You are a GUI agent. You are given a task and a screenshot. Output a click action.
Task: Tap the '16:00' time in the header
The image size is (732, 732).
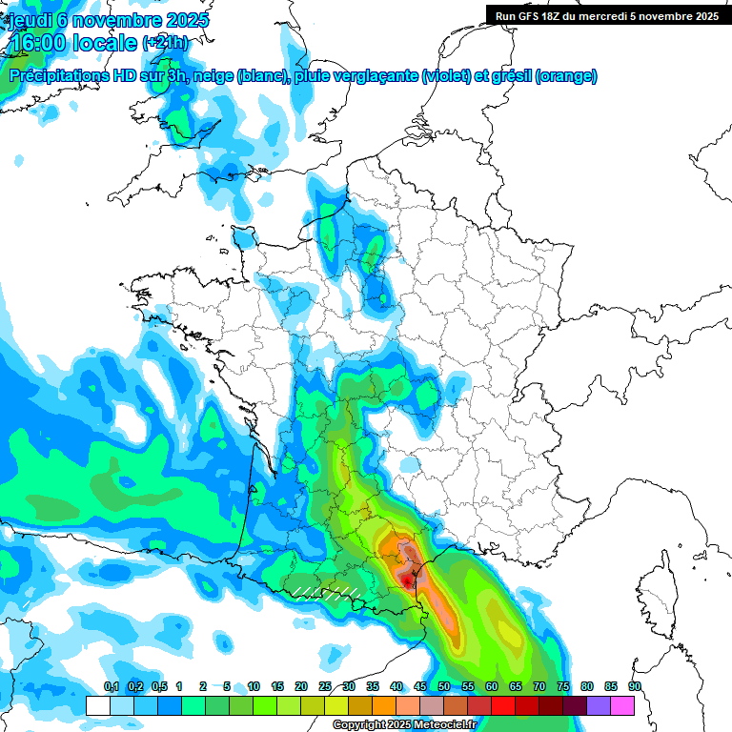pos(44,43)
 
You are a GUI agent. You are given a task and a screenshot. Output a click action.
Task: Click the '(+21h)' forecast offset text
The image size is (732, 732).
pos(165,43)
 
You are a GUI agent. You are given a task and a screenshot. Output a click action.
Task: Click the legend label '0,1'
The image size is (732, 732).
pos(111,686)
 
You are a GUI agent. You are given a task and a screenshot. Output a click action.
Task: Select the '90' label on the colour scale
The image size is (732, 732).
pos(634,686)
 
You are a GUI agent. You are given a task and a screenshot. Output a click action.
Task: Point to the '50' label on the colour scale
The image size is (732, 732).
pos(444,686)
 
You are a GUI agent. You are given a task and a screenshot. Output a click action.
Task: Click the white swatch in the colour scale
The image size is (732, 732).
pos(98,705)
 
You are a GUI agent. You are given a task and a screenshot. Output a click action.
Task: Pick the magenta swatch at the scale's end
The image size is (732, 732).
pos(622,705)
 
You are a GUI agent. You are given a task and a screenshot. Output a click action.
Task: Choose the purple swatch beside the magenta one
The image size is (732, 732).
pos(599,705)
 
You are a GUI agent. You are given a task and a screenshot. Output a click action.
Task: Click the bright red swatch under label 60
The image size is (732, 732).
pos(503,705)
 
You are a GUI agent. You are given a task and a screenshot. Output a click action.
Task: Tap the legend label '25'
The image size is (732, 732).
pos(325,686)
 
